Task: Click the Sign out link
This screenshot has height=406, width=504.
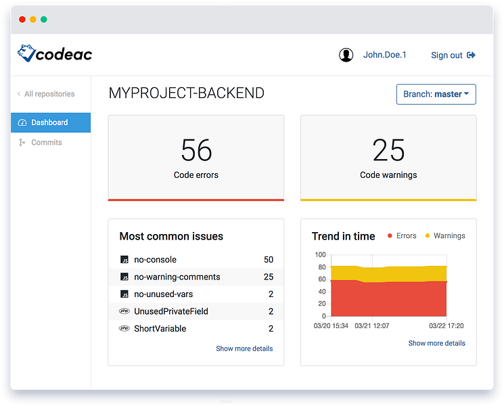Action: [x=453, y=55]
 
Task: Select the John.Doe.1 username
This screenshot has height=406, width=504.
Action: [x=384, y=55]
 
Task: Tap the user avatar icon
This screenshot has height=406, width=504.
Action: [x=346, y=55]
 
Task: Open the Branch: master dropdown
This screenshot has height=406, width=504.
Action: [x=436, y=94]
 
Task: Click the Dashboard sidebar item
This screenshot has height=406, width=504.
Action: [x=51, y=122]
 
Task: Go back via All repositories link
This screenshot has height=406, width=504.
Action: [x=46, y=94]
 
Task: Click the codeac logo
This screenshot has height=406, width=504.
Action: [x=55, y=53]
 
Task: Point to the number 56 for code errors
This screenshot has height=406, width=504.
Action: [x=196, y=150]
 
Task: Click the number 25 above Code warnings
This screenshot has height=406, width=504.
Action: [x=388, y=150]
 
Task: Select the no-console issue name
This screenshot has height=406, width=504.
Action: [x=155, y=259]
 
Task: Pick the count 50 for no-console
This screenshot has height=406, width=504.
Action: [x=269, y=259]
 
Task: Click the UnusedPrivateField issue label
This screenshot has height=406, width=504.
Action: [x=171, y=311]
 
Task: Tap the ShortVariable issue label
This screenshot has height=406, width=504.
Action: [x=160, y=329]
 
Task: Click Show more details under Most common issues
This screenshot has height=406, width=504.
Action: [x=244, y=348]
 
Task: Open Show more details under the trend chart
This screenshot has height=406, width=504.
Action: [x=436, y=343]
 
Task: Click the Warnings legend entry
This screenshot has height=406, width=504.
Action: [x=445, y=235]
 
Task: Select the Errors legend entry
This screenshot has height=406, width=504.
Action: [x=402, y=235]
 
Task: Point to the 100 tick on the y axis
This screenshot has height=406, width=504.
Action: [x=321, y=254]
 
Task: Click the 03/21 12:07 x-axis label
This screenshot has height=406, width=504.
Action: [x=372, y=325]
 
